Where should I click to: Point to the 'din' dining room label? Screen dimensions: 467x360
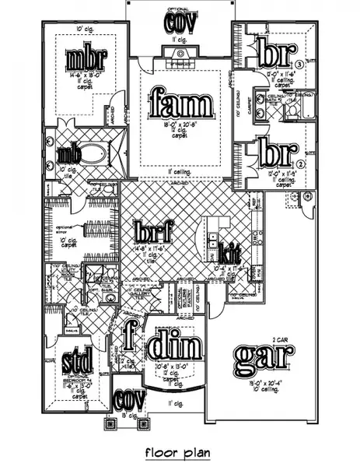click(x=175, y=343)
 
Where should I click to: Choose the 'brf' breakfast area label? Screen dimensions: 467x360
click(x=153, y=231)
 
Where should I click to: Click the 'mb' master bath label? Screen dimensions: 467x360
click(x=65, y=153)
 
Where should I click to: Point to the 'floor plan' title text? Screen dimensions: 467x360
click(x=178, y=451)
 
